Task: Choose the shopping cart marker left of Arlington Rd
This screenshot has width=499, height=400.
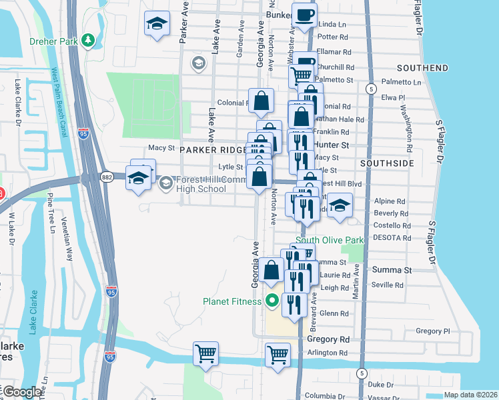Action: (278, 355)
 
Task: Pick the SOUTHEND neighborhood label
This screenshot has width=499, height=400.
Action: (422, 68)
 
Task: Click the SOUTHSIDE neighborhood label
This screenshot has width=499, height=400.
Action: (387, 163)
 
